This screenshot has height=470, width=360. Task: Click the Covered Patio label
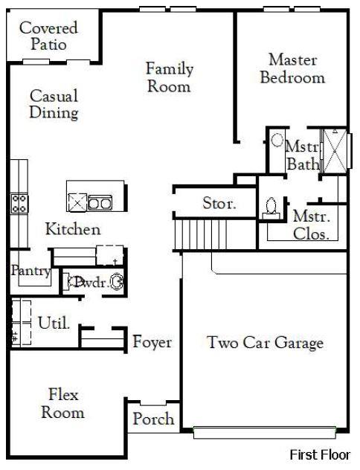(x=48, y=36)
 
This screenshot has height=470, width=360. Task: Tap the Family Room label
(x=169, y=77)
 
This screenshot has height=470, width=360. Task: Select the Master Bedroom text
(x=292, y=68)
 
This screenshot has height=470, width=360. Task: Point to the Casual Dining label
(x=54, y=104)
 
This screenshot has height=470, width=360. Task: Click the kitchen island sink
(x=100, y=202)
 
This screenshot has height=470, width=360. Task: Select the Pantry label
(x=30, y=271)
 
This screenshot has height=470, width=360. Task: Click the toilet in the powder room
(x=115, y=282)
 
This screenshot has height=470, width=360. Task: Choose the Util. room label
(x=54, y=323)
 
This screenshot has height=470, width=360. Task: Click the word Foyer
(x=152, y=342)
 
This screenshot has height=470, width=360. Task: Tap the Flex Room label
(x=62, y=402)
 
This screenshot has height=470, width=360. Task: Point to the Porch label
(x=153, y=419)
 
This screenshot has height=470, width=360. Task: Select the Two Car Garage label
(x=265, y=343)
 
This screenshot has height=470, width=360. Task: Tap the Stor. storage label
(x=219, y=203)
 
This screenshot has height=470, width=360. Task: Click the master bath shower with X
(x=335, y=151)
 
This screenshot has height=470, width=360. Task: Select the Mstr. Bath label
(x=303, y=155)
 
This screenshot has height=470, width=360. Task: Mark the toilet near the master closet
(x=271, y=207)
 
